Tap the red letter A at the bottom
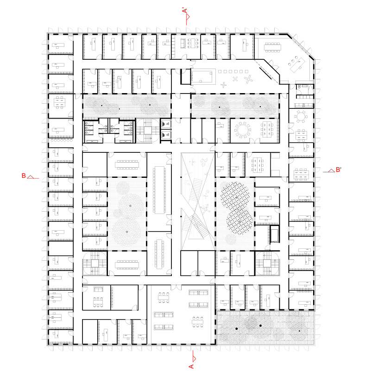pyautogui.click(x=191, y=366)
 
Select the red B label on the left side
pyautogui.click(x=24, y=176)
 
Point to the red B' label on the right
pyautogui.click(x=339, y=170)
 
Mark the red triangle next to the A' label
pyautogui.click(x=188, y=17)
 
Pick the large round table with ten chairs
pyautogui.click(x=242, y=130)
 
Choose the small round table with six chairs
pyautogui.click(x=301, y=116)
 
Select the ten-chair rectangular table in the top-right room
pyautogui.click(x=272, y=47)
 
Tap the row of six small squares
pyautogui.click(x=233, y=71)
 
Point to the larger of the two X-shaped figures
pyautogui.click(x=248, y=79)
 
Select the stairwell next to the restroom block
pyautogui.click(x=148, y=131)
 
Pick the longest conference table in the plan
pyautogui.click(x=159, y=190)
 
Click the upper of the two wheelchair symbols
pyautogui.click(x=166, y=124)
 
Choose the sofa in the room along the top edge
pyautogui.click(x=183, y=44)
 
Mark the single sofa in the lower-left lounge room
pyautogui.click(x=98, y=289)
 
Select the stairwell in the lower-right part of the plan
pyautogui.click(x=267, y=263)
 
